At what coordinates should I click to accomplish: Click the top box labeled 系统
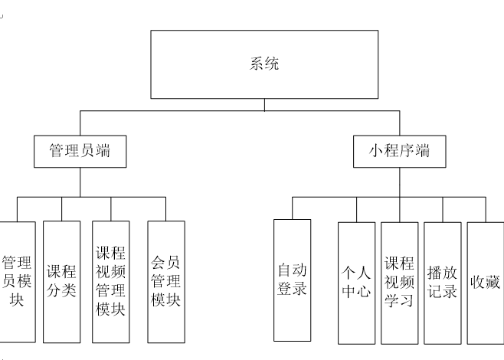click(264, 64)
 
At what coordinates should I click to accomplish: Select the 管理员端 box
click(80, 151)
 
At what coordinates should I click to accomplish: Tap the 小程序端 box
click(399, 151)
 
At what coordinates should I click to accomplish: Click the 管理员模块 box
click(17, 281)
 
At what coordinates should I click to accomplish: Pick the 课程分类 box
click(62, 281)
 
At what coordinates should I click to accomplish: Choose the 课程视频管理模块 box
click(110, 281)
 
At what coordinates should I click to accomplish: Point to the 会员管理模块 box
click(165, 281)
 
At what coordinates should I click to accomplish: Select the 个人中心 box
click(356, 281)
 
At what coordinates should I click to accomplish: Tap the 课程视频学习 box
click(399, 281)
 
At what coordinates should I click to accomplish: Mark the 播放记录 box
click(443, 281)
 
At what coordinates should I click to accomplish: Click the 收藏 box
click(486, 281)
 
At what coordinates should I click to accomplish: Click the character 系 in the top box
click(257, 64)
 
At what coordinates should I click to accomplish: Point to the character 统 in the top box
click(272, 64)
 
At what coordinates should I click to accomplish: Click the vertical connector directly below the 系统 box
click(264, 104)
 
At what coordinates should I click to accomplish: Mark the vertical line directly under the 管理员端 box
click(80, 182)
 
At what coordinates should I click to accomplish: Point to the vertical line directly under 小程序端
click(399, 182)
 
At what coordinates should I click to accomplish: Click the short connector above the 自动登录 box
click(292, 208)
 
